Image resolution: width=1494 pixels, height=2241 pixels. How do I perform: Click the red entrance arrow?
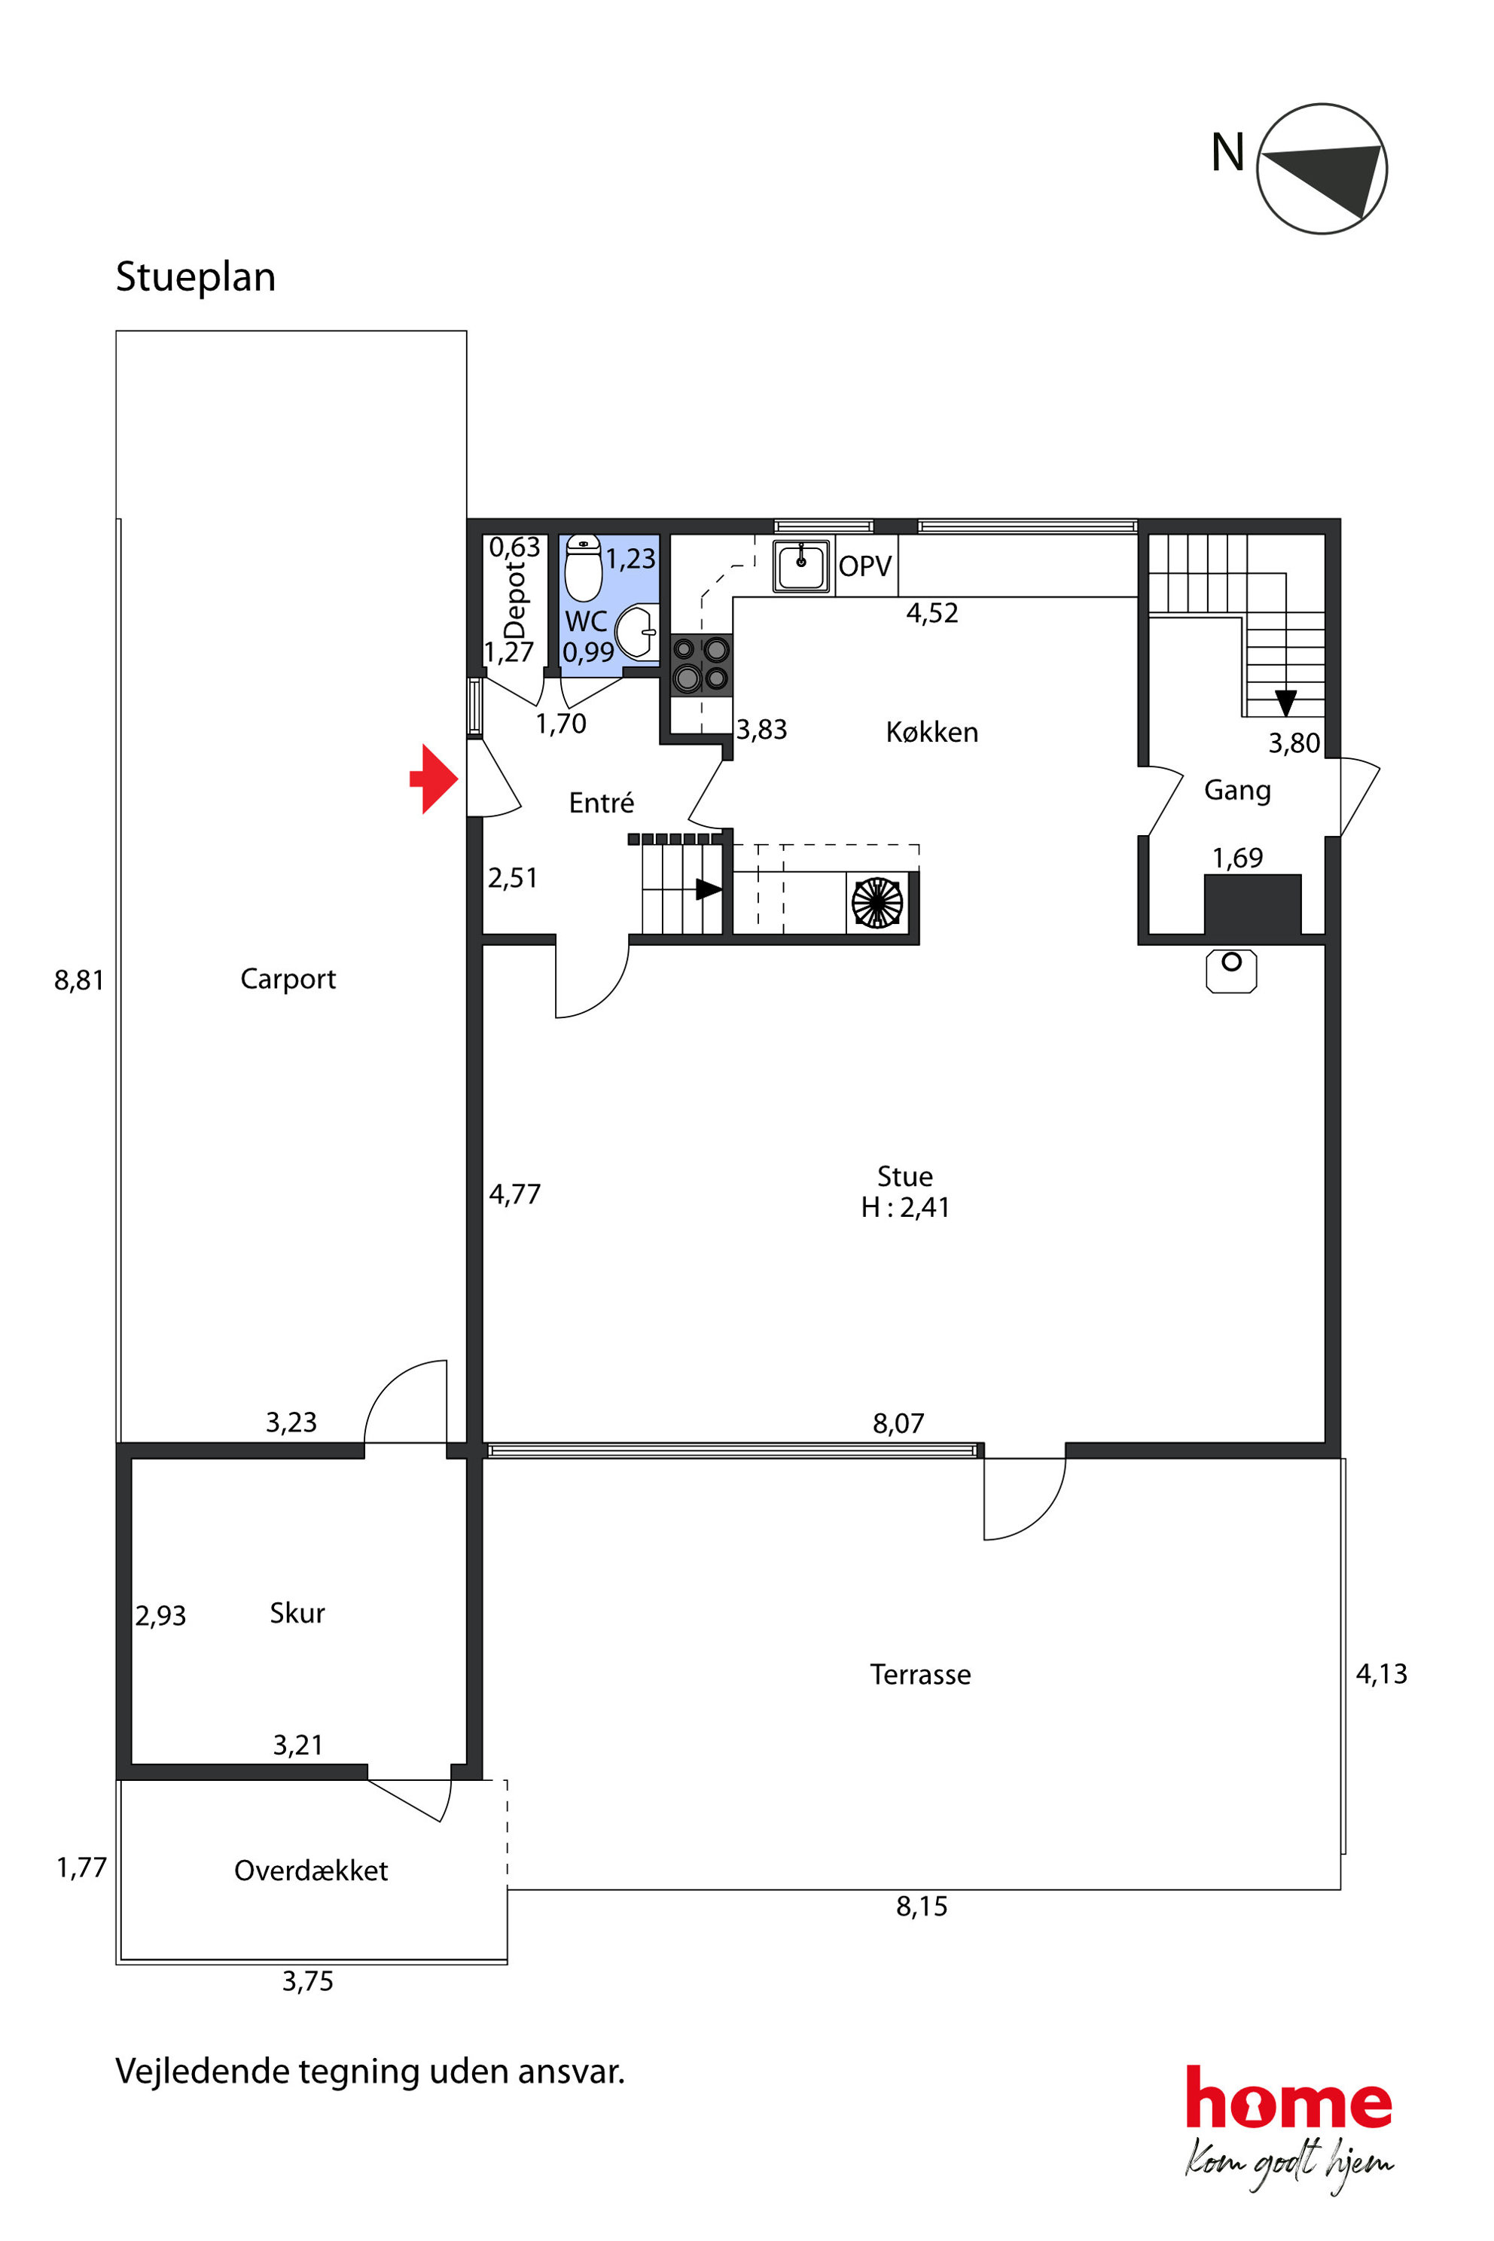[x=434, y=779]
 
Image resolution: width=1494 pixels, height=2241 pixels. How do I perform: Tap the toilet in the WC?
[x=583, y=567]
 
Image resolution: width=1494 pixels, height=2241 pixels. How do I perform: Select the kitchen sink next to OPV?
[x=801, y=566]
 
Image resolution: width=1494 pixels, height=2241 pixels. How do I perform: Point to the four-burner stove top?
[x=701, y=665]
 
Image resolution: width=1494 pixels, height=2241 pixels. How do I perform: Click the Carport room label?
[x=288, y=978]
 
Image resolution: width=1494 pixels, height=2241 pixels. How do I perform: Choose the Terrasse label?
[x=920, y=1674]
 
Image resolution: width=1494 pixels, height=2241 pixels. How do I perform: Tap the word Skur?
[x=297, y=1612]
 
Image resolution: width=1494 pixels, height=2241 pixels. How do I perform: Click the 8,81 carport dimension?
[x=79, y=980]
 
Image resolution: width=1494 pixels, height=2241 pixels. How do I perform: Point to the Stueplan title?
[x=195, y=276]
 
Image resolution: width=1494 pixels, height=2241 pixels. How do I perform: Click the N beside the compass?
[x=1227, y=152]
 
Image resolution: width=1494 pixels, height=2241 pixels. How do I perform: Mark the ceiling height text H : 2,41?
[x=905, y=1207]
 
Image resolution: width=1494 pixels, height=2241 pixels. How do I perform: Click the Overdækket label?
[x=310, y=1871]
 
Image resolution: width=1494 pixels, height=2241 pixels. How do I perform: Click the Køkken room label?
[x=931, y=732]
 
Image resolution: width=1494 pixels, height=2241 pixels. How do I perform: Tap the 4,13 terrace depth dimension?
[x=1382, y=1673]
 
